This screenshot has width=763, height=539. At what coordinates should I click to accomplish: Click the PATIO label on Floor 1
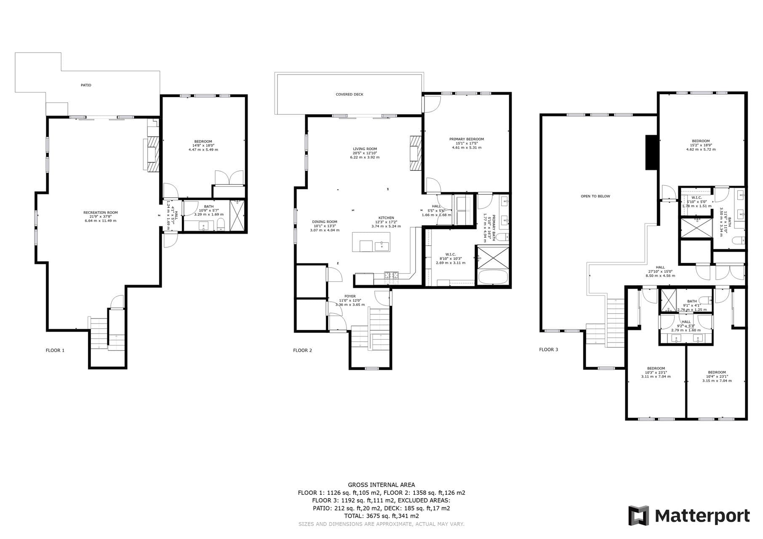[86, 85]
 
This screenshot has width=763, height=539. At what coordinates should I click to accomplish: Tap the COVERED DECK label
[349, 94]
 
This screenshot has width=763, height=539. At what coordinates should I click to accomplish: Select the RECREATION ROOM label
[100, 212]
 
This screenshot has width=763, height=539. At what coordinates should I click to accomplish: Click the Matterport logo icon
[638, 515]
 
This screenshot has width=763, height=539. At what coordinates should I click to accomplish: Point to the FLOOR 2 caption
[302, 350]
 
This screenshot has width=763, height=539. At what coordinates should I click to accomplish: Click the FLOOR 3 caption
[548, 349]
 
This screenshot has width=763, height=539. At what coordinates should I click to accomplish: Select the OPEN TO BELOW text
[595, 196]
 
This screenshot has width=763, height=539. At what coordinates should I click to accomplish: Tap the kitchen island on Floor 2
[371, 242]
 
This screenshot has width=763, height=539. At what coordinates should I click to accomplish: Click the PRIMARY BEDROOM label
[466, 139]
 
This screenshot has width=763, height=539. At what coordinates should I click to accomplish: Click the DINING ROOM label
[324, 222]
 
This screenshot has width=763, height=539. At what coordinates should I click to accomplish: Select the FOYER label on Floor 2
[349, 296]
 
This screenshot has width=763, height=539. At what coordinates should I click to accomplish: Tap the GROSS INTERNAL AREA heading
[381, 485]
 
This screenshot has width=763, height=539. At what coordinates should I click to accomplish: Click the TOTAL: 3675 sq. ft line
[381, 516]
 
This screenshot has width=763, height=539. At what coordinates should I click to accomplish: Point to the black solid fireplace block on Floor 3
[651, 152]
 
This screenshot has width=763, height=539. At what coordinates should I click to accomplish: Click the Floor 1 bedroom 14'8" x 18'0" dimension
[203, 146]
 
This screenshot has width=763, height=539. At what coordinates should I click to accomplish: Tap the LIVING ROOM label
[365, 149]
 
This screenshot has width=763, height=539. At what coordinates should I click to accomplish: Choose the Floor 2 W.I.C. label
[450, 254]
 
